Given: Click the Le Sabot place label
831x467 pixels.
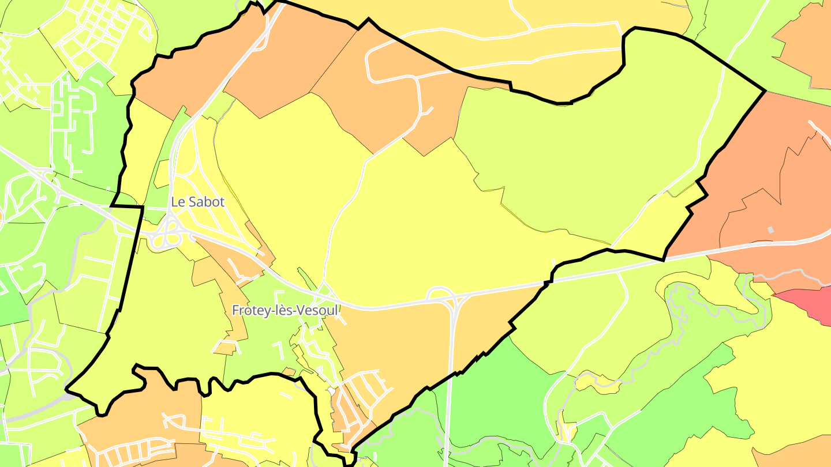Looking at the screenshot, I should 197,202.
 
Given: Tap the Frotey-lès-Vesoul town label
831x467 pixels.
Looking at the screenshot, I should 285,310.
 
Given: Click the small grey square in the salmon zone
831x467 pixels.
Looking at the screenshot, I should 770,230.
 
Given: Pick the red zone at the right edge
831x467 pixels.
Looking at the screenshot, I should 808,303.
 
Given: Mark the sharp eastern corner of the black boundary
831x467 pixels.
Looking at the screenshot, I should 765,91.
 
